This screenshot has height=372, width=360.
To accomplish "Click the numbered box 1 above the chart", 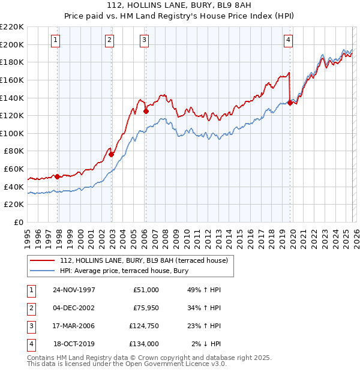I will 55,40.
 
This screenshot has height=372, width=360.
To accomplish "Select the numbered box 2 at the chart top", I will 110,40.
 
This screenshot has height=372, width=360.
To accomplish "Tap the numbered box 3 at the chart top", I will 145,40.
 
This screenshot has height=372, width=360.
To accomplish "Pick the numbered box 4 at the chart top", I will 288,40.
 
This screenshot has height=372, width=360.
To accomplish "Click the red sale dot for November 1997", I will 58,176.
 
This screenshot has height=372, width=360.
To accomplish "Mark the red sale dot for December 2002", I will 111,154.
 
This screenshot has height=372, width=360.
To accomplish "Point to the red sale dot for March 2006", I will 146,111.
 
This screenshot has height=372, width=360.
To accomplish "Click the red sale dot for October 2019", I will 290,103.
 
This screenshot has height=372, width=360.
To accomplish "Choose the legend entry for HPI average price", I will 124,271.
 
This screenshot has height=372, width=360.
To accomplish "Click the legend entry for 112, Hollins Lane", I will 143,261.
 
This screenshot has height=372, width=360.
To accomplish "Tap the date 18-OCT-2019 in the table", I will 74,344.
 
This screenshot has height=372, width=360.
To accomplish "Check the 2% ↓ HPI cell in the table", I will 206,344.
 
